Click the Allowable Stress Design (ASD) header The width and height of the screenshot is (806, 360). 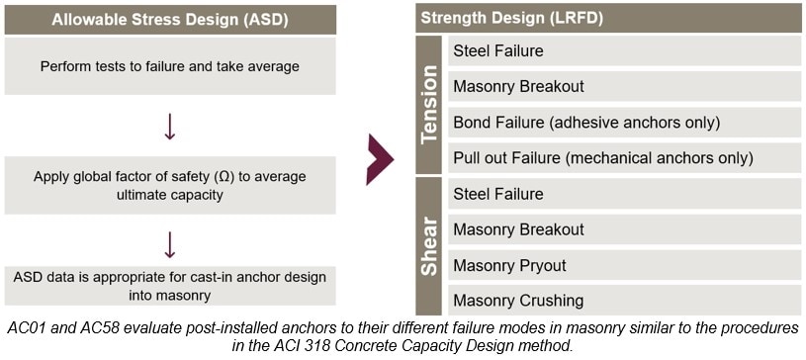point(169,19)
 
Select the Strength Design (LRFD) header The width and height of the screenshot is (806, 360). point(608,18)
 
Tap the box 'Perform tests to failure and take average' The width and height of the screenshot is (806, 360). point(169,66)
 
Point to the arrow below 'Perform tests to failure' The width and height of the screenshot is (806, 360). point(169,126)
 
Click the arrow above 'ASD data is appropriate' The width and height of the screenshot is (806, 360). point(169,243)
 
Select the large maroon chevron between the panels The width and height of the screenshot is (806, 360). point(380,156)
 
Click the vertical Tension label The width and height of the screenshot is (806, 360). point(429,105)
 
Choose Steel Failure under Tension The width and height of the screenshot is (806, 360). point(623,50)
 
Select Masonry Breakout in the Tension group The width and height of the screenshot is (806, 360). point(623,86)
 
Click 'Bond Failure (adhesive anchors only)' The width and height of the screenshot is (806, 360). point(623,123)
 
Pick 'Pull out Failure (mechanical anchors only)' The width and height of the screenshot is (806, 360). point(623,158)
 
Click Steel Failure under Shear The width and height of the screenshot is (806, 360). point(623,194)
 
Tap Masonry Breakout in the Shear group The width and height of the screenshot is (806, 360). point(623,229)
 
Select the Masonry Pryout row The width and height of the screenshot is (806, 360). point(623,265)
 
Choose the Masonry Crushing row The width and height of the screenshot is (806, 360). point(623,301)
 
